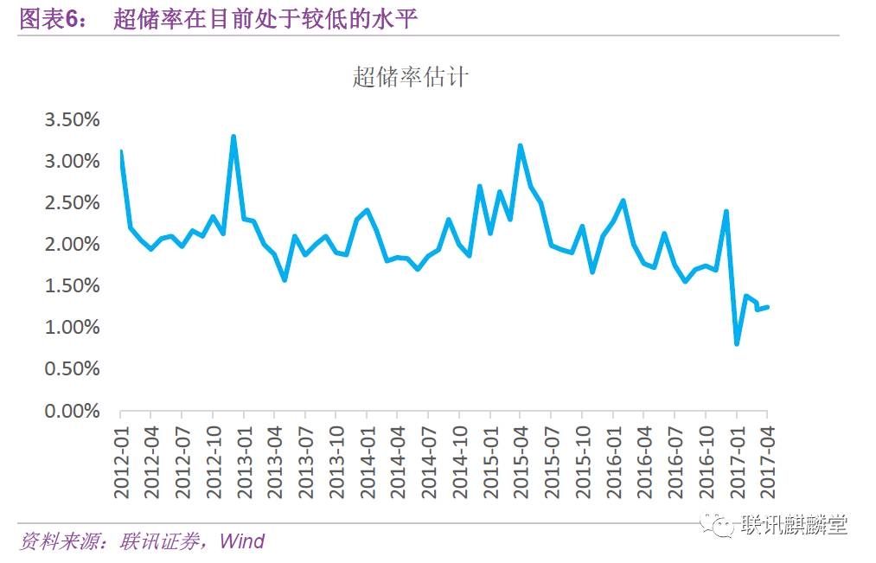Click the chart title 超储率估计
(x=410, y=77)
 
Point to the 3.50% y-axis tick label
(x=73, y=119)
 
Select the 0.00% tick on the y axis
(x=73, y=411)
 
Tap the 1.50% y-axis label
(x=73, y=286)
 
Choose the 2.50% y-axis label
(x=73, y=203)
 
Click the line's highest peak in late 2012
(x=233, y=137)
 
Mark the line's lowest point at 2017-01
(x=736, y=343)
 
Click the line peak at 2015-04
(x=521, y=145)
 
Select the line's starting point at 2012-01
(x=121, y=151)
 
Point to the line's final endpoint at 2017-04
(x=767, y=306)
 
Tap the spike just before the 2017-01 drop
(x=726, y=211)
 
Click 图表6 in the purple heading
(x=51, y=19)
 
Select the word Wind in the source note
(x=241, y=542)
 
